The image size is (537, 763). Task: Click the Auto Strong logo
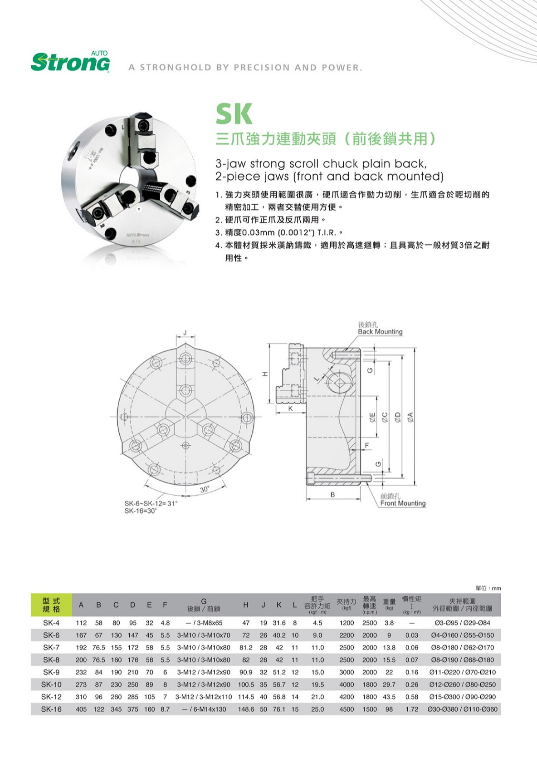70,62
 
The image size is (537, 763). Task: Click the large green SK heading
234,114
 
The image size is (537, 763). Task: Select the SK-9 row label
51,672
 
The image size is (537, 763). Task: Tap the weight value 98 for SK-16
389,709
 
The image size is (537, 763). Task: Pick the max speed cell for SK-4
369,623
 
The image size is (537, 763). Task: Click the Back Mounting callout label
380,332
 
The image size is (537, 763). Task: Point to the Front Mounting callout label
403,503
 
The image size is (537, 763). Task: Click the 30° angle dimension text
205,489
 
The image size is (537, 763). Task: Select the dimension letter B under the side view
332,495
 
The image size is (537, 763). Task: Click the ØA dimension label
410,416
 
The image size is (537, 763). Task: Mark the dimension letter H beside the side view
265,374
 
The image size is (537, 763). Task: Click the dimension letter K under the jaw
291,409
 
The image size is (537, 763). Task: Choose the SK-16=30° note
141,511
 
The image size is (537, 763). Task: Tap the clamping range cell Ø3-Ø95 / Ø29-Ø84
462,623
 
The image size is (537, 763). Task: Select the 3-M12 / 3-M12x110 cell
204,697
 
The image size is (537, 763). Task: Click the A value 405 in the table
81,709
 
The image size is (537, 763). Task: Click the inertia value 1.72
411,709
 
